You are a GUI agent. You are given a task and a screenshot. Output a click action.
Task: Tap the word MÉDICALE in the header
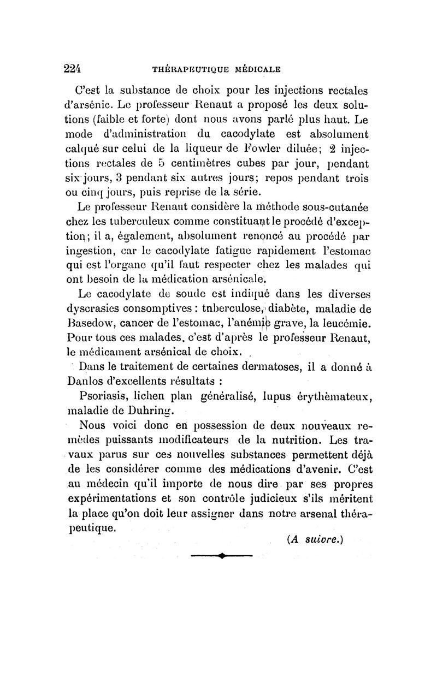257,69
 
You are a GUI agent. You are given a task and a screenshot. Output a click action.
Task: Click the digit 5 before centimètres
169,163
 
